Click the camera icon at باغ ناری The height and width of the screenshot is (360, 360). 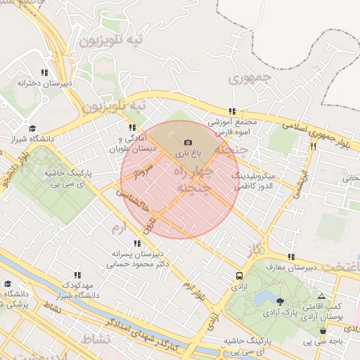tap(188, 143)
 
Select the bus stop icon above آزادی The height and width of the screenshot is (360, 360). tap(239, 276)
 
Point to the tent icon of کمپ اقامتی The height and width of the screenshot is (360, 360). tap(322, 297)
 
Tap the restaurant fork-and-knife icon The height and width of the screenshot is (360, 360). tap(313, 146)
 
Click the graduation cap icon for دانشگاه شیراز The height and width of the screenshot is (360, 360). tap(32, 129)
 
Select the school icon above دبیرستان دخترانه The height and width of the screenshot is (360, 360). tap(44, 72)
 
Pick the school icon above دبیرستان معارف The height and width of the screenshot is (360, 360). tap(291, 257)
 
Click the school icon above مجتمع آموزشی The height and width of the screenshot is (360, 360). tap(231, 111)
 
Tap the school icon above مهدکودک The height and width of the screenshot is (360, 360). tap(77, 275)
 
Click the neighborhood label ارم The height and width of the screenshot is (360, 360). tap(122, 226)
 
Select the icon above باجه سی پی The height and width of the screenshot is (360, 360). tap(323, 330)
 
